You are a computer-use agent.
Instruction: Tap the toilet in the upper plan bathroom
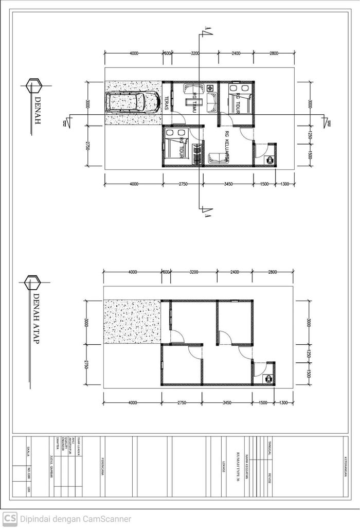(269, 160)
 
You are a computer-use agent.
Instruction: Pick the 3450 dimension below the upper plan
(227, 184)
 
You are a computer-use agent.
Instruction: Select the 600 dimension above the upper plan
(167, 54)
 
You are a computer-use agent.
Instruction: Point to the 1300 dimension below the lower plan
(284, 403)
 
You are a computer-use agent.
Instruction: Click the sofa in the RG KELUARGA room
(218, 157)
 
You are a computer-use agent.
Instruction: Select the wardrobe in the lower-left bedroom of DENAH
(196, 154)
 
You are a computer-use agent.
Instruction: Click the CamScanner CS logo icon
(10, 519)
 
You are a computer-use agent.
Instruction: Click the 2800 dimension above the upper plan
(273, 54)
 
